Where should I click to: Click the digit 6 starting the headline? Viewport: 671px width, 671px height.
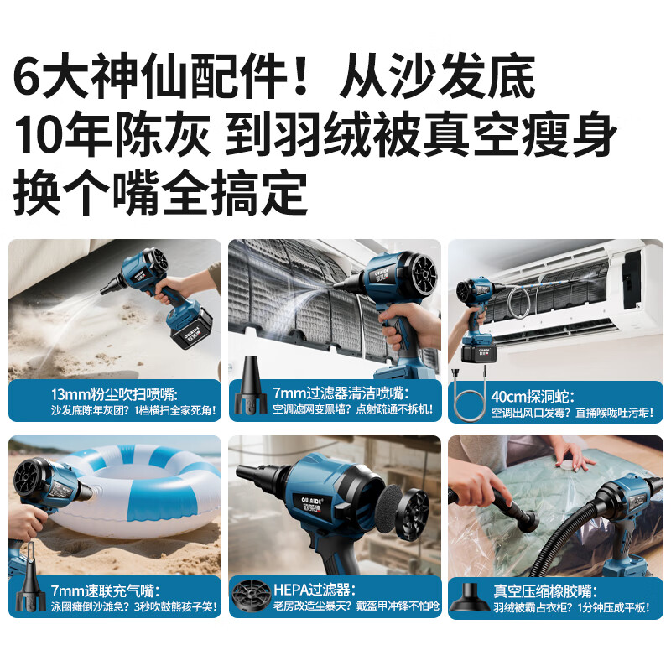tap(29, 80)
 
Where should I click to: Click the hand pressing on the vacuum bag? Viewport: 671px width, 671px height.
tap(570, 457)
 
